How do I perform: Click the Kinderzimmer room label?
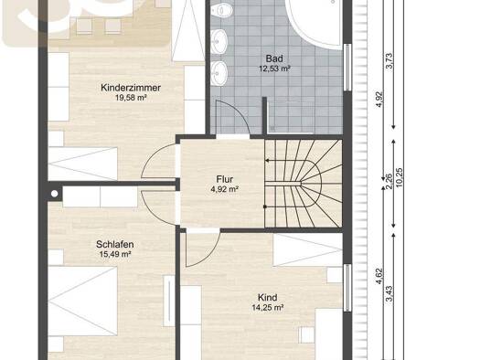131,88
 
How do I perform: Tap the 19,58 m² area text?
131,98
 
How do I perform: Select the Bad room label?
274,58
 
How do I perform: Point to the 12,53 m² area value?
274,69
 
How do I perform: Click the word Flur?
225,179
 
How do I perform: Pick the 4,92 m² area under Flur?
225,189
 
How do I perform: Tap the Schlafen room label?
115,244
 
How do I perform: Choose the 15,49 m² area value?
115,254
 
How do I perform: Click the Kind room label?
268,297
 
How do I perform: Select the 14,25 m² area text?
268,307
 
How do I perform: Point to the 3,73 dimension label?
389,61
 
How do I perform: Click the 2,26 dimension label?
389,182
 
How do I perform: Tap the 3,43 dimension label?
389,293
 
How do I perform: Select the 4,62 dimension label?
379,276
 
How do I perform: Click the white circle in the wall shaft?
55,194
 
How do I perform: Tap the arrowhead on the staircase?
267,161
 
